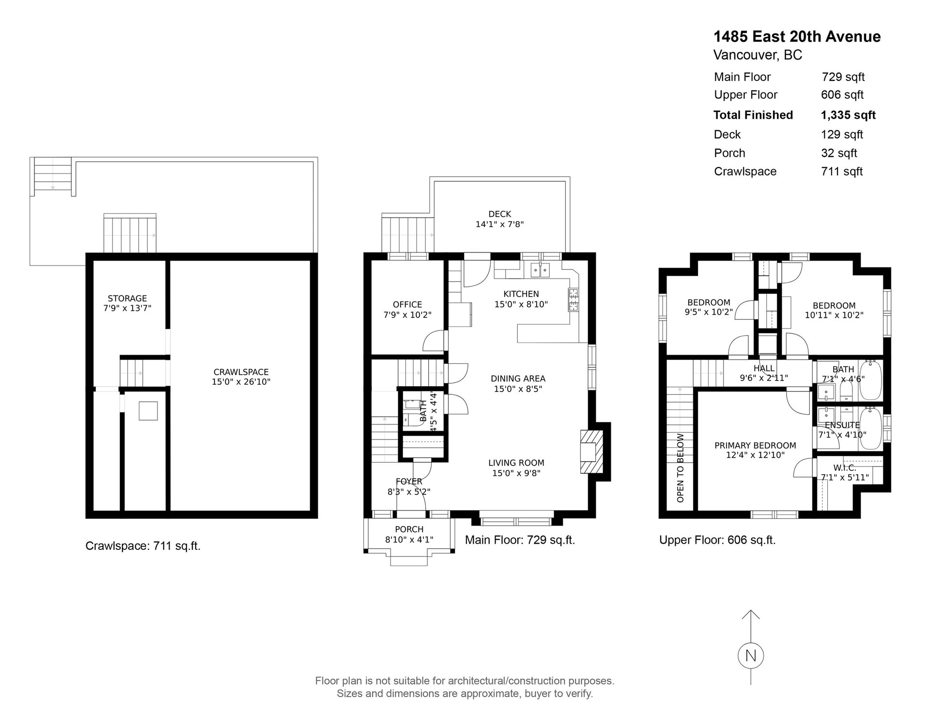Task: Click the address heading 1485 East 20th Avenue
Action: tap(797, 37)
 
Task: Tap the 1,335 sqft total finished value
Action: tap(848, 115)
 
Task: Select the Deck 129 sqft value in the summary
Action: tap(842, 135)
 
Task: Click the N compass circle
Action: tap(750, 656)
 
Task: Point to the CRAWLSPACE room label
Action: tap(241, 372)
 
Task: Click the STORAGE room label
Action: tap(127, 298)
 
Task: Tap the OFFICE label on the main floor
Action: tap(407, 304)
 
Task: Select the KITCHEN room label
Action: tap(521, 294)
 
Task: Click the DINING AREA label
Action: tap(518, 378)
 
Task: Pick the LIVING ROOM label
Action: tap(516, 463)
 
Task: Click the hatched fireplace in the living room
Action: tap(592, 452)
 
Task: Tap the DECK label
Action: tap(500, 214)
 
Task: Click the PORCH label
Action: tap(409, 529)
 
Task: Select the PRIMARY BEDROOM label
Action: tap(755, 445)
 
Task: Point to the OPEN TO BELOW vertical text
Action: tap(681, 468)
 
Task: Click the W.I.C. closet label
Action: tap(845, 468)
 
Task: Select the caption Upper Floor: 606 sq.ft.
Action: tap(717, 540)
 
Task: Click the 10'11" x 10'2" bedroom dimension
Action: tap(834, 315)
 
